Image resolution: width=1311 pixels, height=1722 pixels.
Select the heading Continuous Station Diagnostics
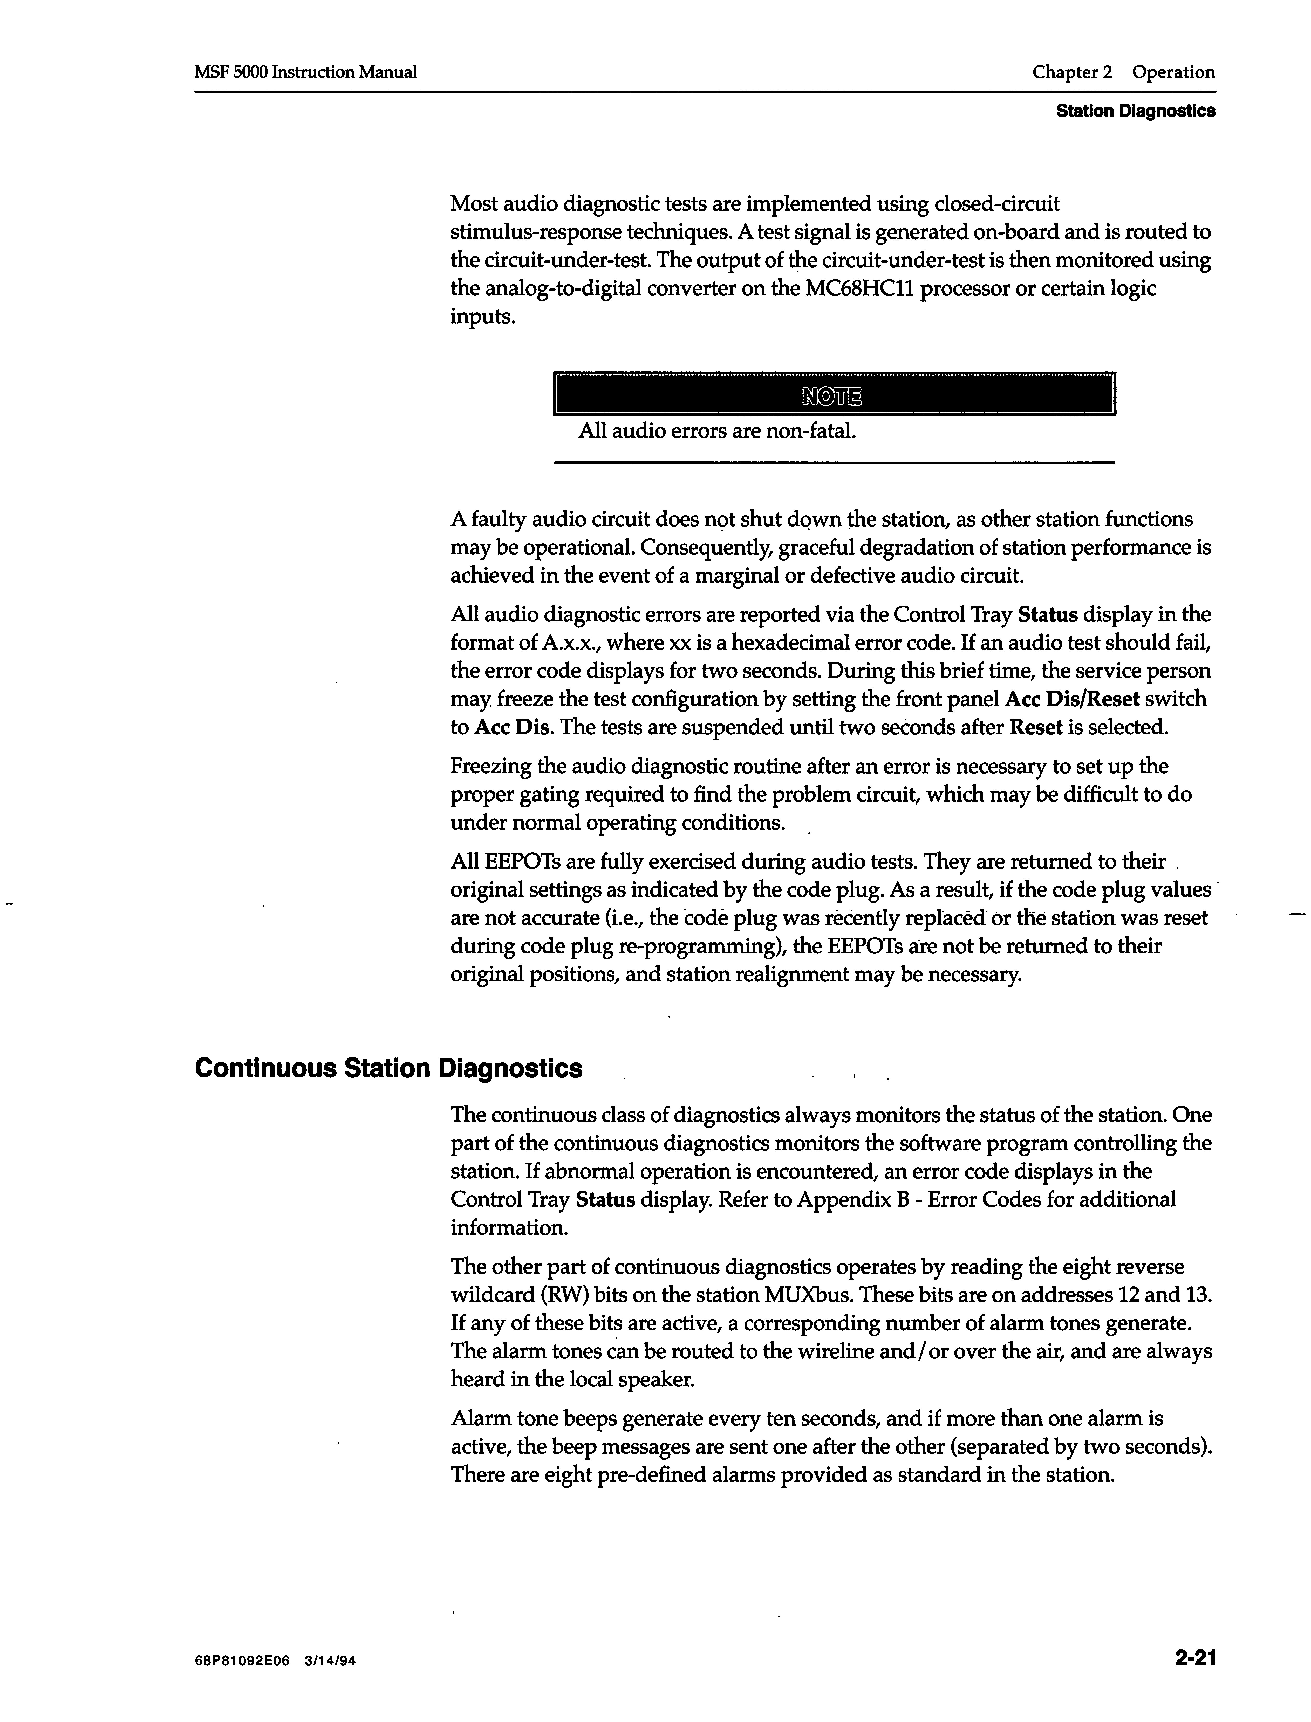click(x=388, y=1068)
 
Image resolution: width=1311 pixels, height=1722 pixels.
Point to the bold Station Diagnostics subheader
click(x=1135, y=112)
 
